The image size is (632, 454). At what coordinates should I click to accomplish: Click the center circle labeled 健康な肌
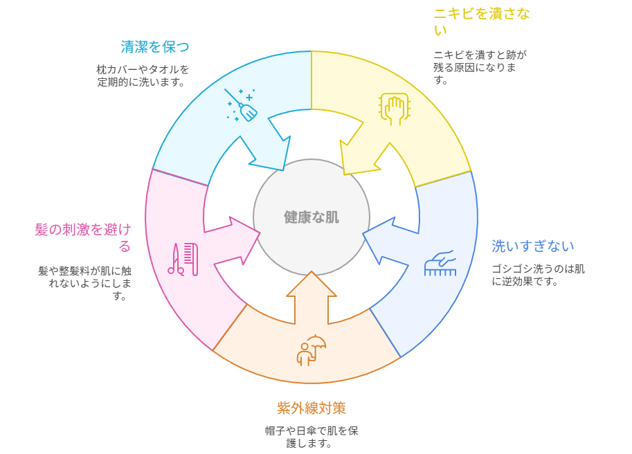point(312,217)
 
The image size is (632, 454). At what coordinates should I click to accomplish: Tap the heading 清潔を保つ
point(155,47)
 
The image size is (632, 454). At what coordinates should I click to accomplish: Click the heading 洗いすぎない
point(533,246)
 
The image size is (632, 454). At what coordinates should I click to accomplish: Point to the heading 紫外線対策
point(312,408)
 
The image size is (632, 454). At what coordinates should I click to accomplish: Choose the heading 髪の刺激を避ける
point(83,237)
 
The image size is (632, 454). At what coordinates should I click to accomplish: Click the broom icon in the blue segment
point(241,105)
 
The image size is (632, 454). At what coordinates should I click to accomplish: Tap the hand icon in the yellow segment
point(394,109)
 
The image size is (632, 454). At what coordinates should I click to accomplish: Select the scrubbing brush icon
point(440,263)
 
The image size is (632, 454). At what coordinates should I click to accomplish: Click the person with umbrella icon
point(311,350)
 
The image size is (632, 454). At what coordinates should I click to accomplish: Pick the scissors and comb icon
point(183,259)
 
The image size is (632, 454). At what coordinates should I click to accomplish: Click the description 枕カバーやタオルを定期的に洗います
point(143,75)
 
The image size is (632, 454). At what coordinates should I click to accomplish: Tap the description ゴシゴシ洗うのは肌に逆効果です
point(538,275)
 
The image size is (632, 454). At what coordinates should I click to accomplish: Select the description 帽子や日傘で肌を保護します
point(312,437)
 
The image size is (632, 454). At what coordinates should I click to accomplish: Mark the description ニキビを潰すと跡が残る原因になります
point(480,66)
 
